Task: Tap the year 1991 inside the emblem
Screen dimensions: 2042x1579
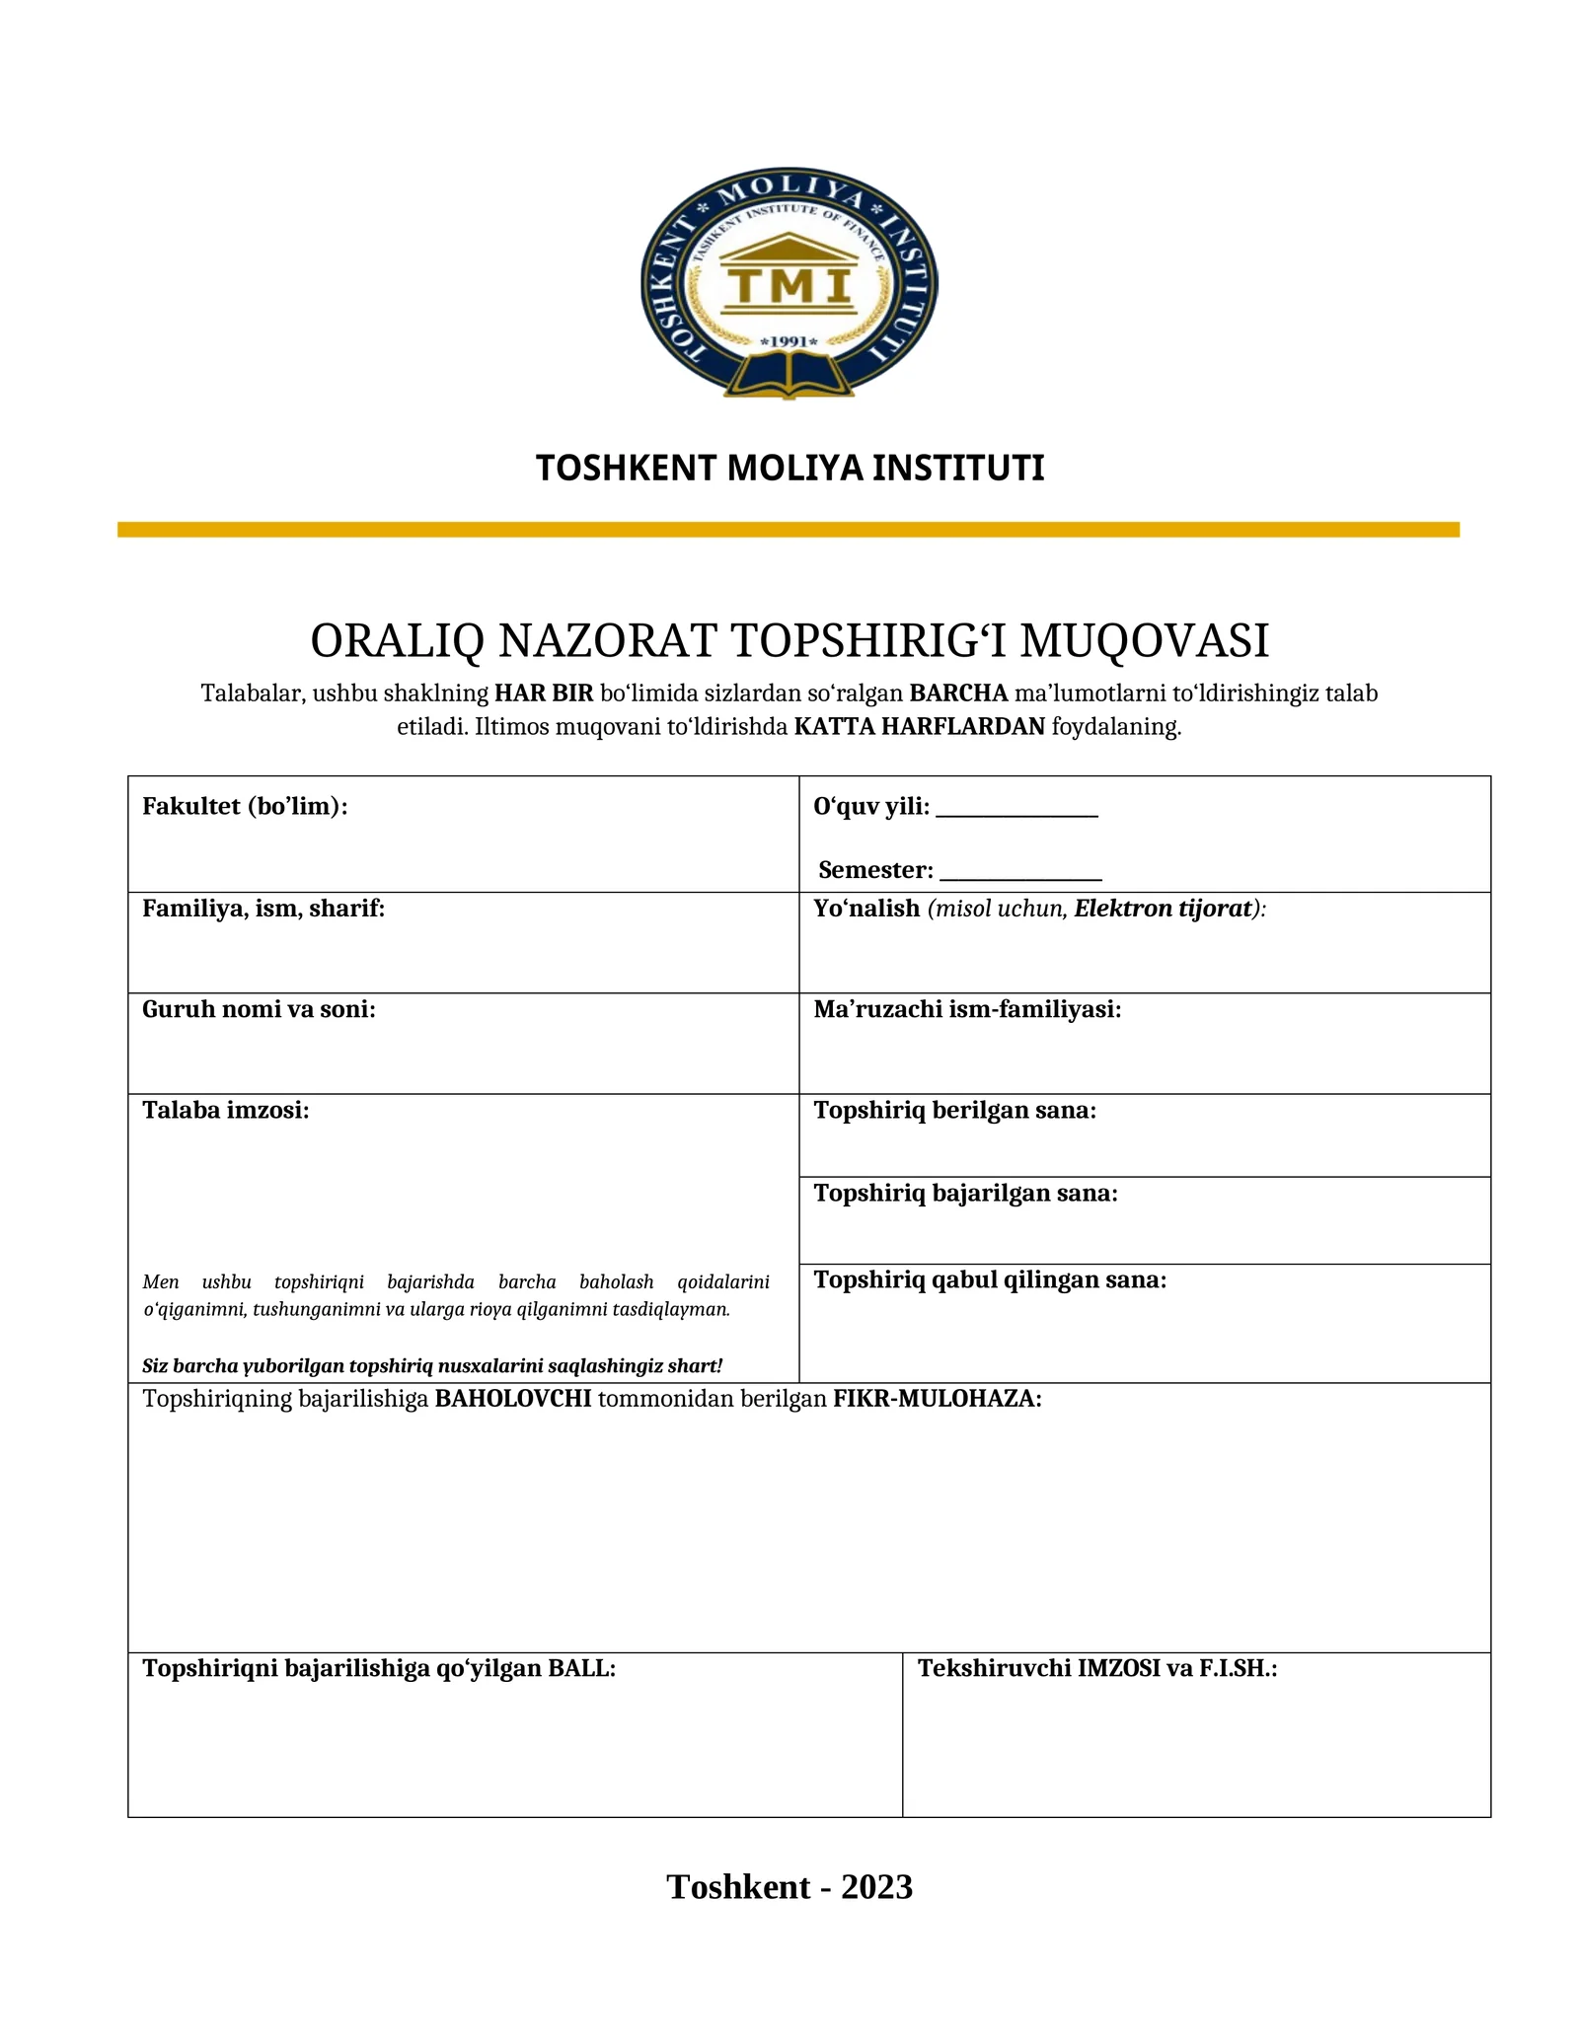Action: click(789, 341)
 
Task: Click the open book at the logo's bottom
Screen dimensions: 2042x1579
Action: click(789, 377)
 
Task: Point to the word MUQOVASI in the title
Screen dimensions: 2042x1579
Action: click(1144, 641)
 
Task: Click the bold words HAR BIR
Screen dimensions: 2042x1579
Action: click(544, 693)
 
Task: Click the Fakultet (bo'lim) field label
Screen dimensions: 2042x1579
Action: click(245, 807)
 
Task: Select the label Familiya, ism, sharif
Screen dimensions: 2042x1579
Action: click(263, 909)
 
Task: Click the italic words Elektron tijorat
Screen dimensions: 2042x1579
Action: click(1163, 909)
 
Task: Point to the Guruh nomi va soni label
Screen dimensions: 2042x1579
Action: click(259, 1009)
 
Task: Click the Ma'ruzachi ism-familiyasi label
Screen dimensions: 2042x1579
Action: click(967, 1009)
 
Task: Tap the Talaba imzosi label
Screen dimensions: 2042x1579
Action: click(225, 1111)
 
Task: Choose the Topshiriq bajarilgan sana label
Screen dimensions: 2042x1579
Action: click(965, 1194)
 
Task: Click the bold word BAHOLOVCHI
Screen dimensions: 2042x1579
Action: click(513, 1399)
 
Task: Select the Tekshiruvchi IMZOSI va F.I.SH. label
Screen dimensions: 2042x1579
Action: click(1097, 1668)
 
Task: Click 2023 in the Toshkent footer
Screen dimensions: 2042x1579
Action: click(876, 1886)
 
